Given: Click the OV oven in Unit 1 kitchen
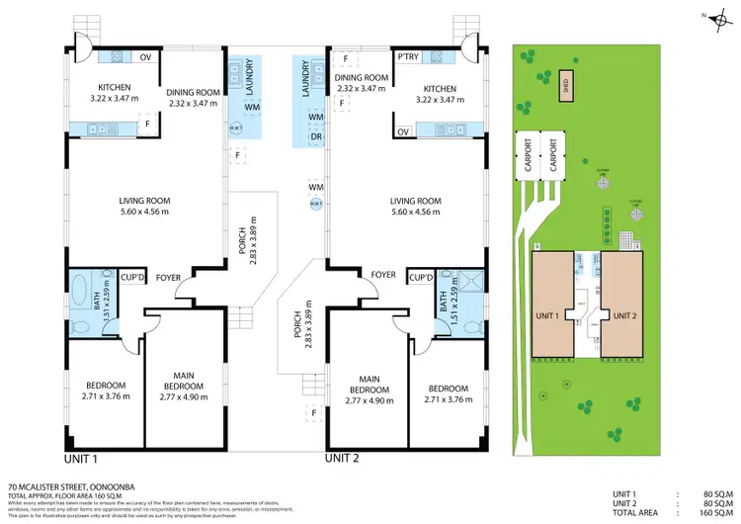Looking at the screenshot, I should click(x=144, y=56).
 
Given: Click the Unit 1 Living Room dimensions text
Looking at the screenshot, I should click(x=145, y=212).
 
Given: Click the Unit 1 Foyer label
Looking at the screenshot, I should click(x=168, y=278).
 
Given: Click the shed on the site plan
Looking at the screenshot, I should click(x=565, y=83).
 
